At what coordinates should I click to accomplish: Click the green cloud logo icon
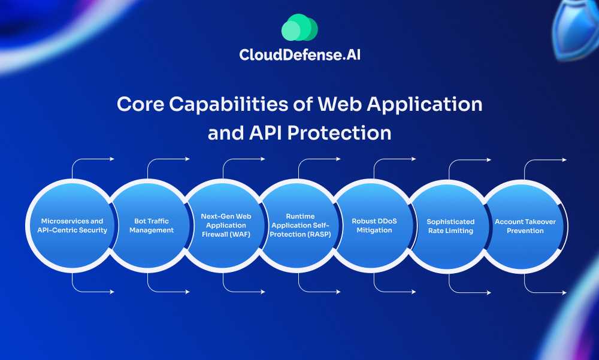(x=299, y=28)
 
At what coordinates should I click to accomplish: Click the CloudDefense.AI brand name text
(x=299, y=55)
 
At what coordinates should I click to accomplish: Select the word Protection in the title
(x=340, y=132)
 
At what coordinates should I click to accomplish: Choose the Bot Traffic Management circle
(x=150, y=226)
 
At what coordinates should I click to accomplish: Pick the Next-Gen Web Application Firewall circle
(x=225, y=226)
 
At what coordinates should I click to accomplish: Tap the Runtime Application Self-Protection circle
(x=300, y=226)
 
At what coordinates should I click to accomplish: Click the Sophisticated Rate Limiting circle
(x=450, y=226)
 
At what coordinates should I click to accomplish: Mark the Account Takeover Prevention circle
(x=525, y=226)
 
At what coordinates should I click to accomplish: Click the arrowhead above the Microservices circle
(x=111, y=159)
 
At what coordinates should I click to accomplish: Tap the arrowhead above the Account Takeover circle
(x=564, y=160)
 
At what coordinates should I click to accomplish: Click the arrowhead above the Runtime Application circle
(x=338, y=159)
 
